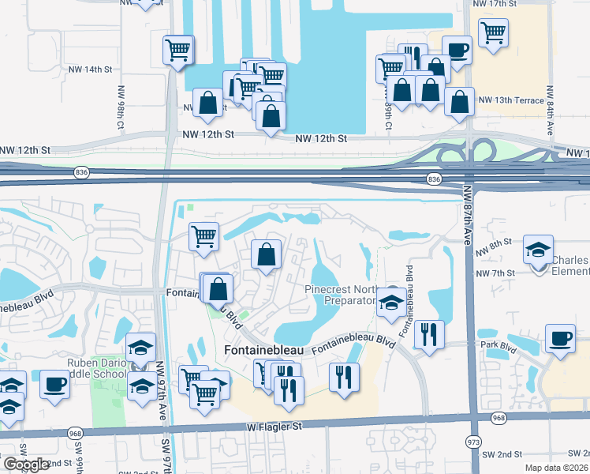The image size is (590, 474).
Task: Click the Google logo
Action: point(26,465)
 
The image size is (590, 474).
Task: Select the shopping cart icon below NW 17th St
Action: point(493,32)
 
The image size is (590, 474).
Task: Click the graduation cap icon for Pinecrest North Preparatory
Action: point(390,302)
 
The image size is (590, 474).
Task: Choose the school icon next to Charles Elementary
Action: point(538,250)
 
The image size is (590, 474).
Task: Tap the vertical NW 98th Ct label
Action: point(121,107)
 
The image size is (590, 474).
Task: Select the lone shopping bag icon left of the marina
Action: point(207,103)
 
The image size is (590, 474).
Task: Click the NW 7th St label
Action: point(495,273)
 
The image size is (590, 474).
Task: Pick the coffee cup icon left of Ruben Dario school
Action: point(55,385)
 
